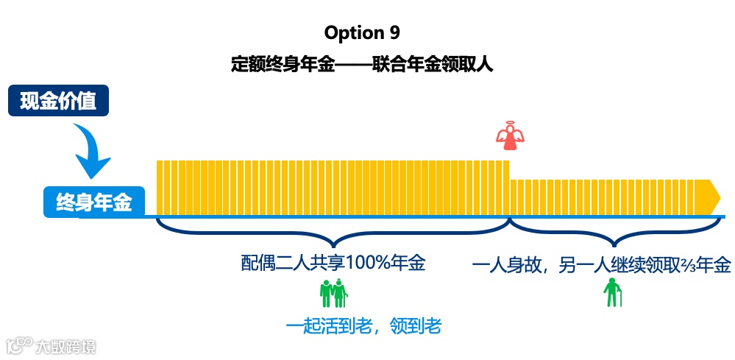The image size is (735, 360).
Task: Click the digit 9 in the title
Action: click(x=395, y=33)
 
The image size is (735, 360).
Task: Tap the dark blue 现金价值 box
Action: click(x=58, y=101)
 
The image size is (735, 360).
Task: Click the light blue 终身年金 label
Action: click(x=93, y=202)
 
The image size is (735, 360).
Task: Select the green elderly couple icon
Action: click(x=333, y=293)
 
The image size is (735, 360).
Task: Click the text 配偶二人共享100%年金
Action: click(x=333, y=263)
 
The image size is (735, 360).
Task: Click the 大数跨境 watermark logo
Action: click(x=52, y=345)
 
